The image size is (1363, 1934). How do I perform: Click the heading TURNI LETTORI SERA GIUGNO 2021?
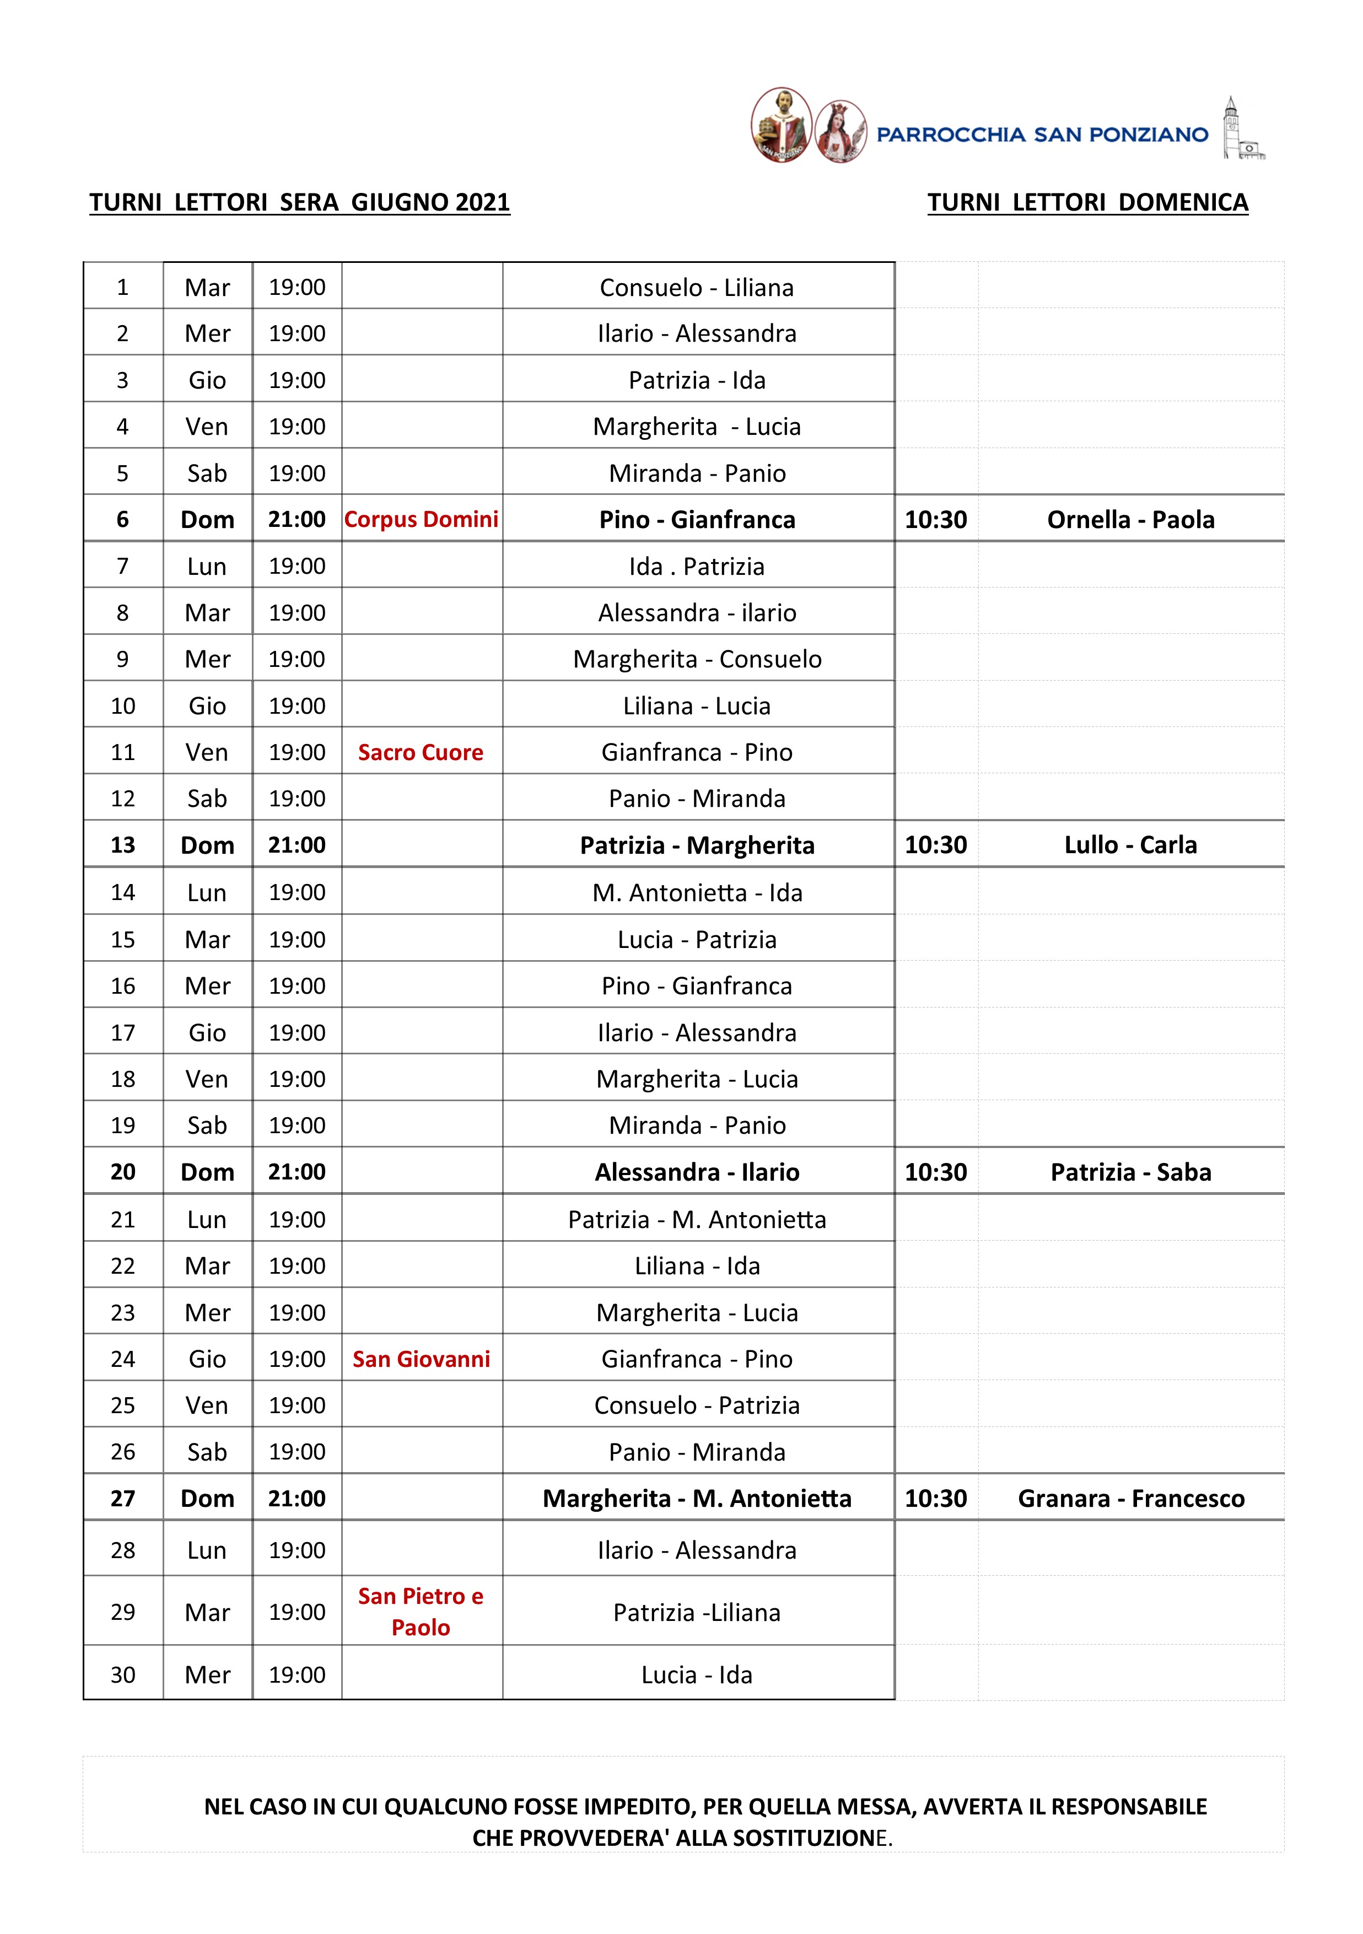(299, 203)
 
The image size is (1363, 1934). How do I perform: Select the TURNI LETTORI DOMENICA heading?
(1087, 203)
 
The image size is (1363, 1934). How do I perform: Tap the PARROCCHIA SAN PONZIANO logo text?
(1042, 135)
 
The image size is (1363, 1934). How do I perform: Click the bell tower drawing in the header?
(1242, 129)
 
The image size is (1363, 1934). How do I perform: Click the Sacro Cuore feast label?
(421, 752)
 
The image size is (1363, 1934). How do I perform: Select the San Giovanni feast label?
(421, 1359)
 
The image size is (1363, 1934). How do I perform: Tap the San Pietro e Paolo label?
(421, 1612)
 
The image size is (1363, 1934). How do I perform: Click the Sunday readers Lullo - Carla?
(1130, 845)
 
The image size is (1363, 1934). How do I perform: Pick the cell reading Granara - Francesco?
(1130, 1499)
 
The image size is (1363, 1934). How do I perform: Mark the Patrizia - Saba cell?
(1130, 1172)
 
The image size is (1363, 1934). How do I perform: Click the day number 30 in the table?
(123, 1674)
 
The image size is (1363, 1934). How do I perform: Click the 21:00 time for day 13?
(297, 845)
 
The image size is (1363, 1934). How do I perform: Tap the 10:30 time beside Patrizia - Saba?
(935, 1172)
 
